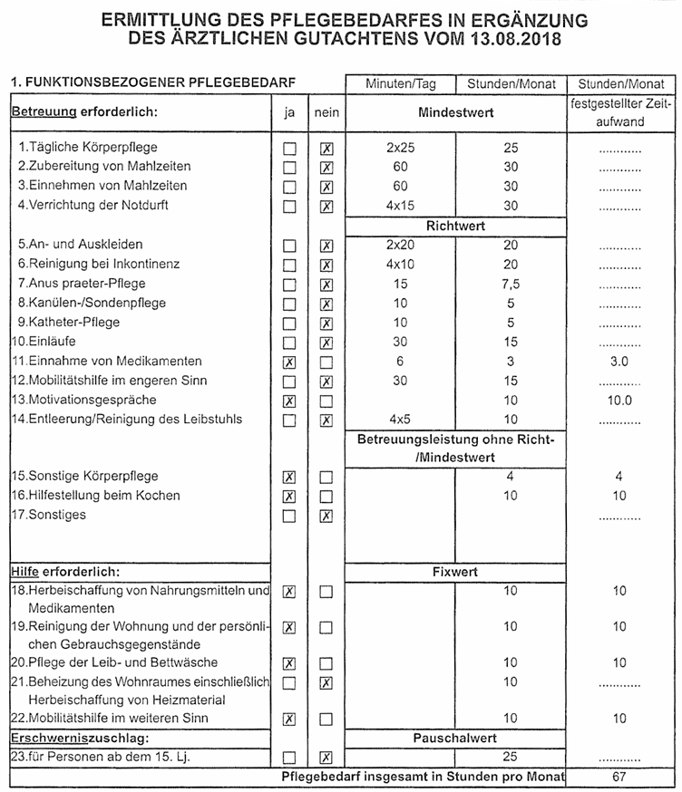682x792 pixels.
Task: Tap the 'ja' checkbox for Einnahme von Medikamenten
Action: click(289, 362)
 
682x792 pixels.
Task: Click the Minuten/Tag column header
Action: click(401, 84)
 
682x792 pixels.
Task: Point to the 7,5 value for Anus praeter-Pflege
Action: click(511, 284)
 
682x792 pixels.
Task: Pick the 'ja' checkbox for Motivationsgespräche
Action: click(289, 401)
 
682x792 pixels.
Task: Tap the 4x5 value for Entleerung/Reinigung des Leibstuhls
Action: click(400, 420)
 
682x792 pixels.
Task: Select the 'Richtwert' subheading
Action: click(456, 225)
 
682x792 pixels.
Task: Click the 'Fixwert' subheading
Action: click(456, 573)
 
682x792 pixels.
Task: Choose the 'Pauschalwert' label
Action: click(456, 738)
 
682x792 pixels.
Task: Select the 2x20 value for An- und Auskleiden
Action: click(400, 245)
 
